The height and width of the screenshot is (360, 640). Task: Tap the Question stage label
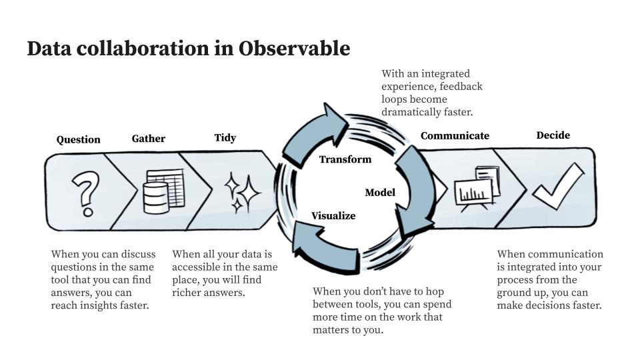[x=78, y=139]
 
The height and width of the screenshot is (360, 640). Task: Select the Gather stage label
[x=148, y=139]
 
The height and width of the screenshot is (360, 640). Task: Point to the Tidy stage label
[x=225, y=138]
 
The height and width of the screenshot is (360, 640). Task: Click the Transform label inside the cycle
[x=345, y=159]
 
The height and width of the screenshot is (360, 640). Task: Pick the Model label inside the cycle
[x=380, y=193]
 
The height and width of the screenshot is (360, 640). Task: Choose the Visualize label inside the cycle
[x=333, y=216]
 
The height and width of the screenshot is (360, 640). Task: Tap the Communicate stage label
[x=455, y=136]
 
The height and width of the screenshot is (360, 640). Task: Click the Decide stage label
[x=553, y=135]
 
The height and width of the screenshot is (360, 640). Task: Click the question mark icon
[x=85, y=192]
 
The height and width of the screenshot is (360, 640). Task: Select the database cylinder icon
[x=156, y=197]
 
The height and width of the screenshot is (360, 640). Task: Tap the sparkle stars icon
[x=241, y=192]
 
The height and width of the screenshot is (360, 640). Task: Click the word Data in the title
[x=49, y=49]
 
